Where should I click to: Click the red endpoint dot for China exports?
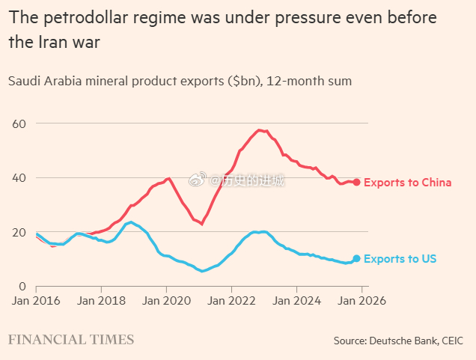coord(357,182)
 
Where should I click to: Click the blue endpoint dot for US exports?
coord(357,258)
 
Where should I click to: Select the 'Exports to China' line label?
coord(408,183)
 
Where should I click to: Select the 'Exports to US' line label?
coord(400,259)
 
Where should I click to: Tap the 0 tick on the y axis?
coord(22,286)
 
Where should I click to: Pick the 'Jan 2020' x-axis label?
coord(165,302)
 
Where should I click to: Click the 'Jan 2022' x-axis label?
coord(231,302)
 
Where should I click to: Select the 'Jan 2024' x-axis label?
coord(296,302)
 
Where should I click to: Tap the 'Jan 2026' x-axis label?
coord(361,302)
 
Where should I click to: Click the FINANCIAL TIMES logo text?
coord(71,340)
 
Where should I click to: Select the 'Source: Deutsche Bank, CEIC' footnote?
coord(399,341)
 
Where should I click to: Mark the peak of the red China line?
coord(260,130)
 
